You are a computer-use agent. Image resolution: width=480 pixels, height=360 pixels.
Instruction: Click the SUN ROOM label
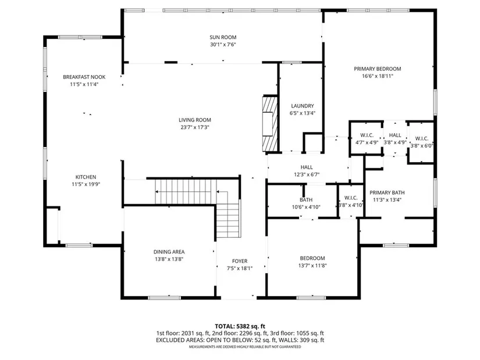223,37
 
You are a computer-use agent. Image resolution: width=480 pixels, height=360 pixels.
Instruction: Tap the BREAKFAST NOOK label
84,77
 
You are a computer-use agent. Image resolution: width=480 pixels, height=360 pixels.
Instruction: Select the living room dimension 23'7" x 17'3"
195,127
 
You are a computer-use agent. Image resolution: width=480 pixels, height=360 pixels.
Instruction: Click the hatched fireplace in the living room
270,124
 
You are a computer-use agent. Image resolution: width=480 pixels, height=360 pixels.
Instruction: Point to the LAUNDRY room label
303,106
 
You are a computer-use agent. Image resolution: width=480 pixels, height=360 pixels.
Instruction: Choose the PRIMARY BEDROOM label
378,69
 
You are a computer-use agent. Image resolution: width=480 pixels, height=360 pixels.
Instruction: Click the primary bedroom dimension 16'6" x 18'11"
378,76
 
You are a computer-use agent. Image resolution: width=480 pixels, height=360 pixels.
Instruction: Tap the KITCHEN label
86,177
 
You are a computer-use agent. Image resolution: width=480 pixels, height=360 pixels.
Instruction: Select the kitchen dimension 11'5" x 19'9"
86,184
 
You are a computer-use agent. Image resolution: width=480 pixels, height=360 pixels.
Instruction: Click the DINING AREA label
169,252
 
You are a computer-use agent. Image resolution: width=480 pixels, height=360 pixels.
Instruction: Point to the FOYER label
240,261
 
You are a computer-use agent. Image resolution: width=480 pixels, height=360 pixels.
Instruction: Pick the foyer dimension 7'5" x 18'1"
240,269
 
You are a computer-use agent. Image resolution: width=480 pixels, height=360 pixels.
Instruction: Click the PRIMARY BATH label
387,193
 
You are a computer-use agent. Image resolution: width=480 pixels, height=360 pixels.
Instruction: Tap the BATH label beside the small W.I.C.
306,200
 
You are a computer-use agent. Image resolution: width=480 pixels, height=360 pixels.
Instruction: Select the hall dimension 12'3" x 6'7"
307,174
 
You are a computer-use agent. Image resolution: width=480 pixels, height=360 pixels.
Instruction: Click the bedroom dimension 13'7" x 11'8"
312,266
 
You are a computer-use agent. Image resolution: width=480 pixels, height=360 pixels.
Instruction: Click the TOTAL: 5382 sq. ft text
240,326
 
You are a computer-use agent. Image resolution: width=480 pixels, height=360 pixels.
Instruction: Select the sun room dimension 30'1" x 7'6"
223,45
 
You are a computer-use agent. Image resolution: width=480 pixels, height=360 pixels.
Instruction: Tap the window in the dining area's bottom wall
165,298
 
